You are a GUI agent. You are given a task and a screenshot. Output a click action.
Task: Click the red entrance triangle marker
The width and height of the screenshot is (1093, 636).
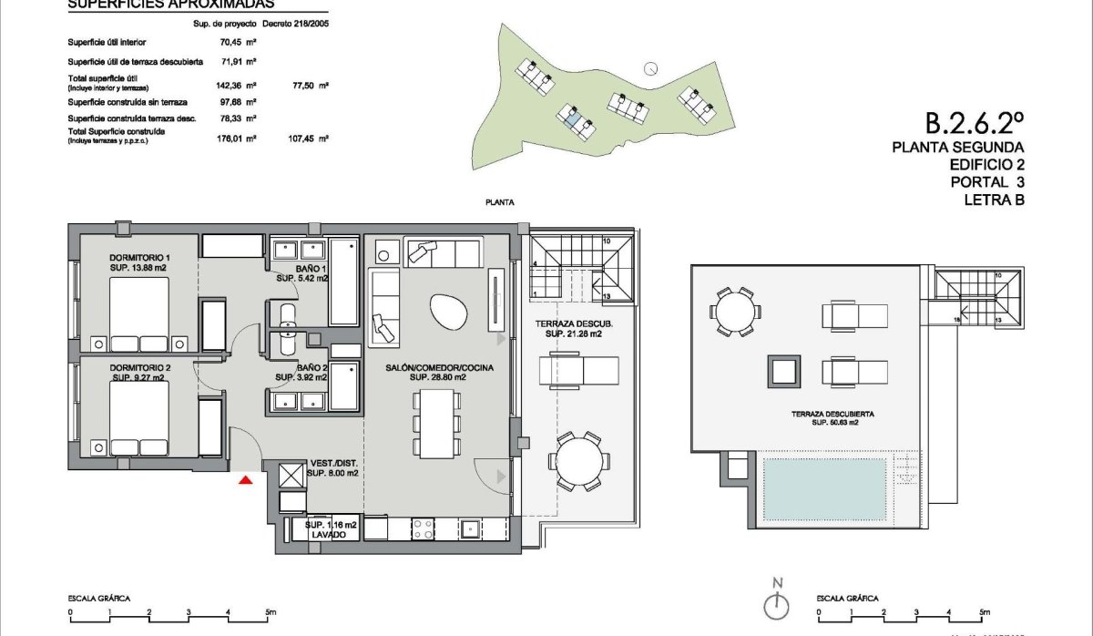245,479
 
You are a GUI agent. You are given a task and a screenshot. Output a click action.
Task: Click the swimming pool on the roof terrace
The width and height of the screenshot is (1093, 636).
823,489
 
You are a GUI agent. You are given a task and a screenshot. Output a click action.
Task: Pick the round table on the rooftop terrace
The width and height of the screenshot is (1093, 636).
734,311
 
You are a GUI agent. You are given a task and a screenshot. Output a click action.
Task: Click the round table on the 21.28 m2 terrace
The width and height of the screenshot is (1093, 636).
577,460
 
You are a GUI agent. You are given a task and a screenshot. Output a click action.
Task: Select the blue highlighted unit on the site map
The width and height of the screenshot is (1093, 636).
571,116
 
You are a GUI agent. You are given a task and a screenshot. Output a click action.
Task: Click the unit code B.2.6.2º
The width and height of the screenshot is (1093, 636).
975,121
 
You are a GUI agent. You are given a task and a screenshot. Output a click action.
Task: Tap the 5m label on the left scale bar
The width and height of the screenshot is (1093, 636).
271,611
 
